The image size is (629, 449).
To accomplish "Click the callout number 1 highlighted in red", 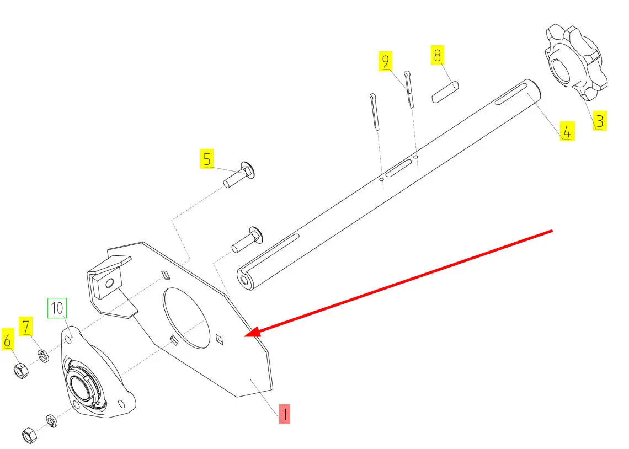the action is click(284, 414).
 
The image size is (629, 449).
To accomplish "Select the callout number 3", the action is click(600, 121).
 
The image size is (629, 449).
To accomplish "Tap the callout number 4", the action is click(567, 131).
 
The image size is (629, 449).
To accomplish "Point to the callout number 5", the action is click(207, 159).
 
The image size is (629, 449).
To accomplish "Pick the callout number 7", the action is click(26, 326).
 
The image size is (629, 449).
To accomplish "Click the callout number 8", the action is click(437, 55).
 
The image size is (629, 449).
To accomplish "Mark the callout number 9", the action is click(386, 61).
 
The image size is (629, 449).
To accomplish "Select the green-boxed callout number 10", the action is click(57, 308).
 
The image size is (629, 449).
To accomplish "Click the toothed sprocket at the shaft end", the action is click(575, 62).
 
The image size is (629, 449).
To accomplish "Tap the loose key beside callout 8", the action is click(445, 92).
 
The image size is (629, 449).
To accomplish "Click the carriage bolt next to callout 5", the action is click(239, 175).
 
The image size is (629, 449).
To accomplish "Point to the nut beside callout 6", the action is click(20, 371).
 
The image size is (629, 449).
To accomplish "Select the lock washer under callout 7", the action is click(44, 355).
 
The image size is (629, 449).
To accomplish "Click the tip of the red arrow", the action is click(246, 336).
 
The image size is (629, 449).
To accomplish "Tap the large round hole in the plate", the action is click(186, 318).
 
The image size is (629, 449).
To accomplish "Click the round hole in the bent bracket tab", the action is click(109, 284).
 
